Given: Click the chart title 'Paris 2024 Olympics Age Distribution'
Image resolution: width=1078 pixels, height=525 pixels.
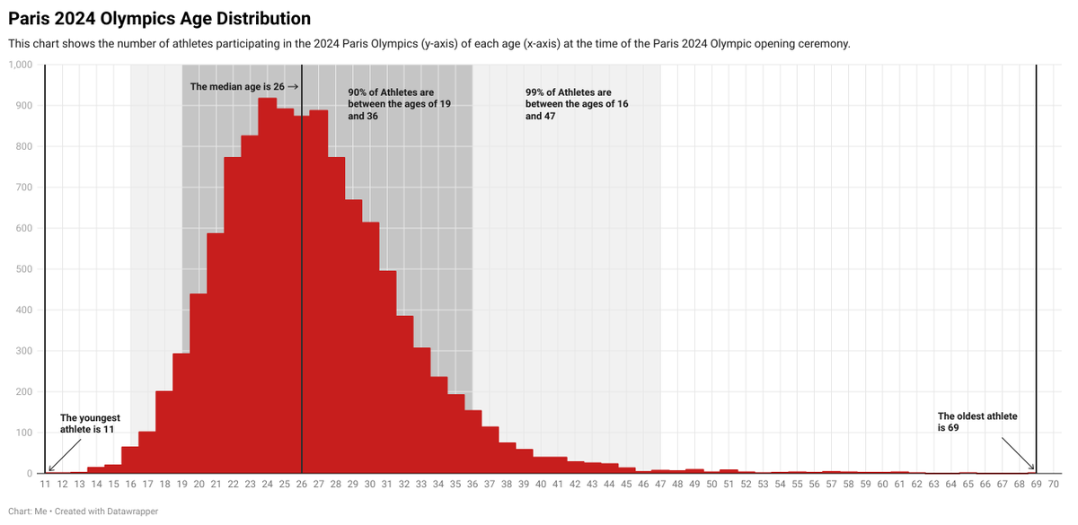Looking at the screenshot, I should tap(160, 18).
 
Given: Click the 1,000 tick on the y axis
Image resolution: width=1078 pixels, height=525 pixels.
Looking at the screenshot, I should tap(21, 65).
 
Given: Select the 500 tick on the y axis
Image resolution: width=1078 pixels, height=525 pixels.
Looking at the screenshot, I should tap(24, 269).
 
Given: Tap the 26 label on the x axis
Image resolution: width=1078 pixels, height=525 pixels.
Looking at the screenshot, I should tap(302, 485).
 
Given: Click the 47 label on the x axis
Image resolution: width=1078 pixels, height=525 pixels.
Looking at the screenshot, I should tap(660, 485).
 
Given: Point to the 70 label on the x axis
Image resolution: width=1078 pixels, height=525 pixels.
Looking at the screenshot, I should tap(1054, 485).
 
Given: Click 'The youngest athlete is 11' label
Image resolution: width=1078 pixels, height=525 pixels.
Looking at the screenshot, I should tap(90, 424).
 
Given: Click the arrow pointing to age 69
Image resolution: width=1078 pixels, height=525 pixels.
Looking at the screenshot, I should tap(1019, 454).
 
